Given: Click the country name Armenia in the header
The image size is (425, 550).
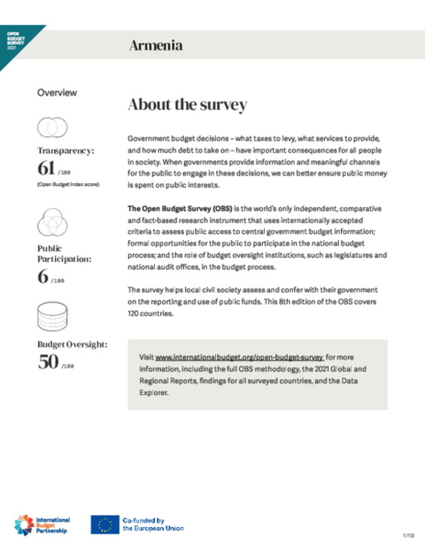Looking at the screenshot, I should coord(156,45).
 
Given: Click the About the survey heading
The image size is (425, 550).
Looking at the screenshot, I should coord(187,105).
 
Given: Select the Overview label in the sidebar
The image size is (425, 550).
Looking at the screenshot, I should coord(57,92).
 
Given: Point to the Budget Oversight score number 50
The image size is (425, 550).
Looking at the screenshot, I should coord(48,362).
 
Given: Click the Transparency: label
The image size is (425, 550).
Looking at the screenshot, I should coord(66,151).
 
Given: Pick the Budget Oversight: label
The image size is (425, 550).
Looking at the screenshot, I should coord(72,344).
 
